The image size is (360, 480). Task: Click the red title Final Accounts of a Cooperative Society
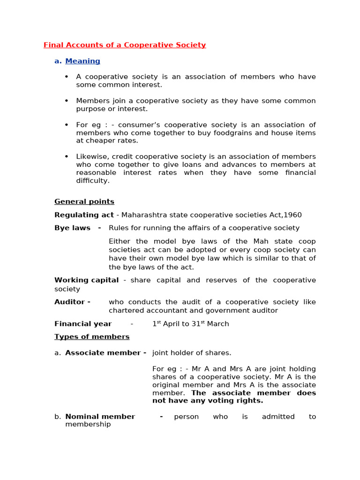tap(125, 45)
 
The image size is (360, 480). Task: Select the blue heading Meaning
tap(82, 61)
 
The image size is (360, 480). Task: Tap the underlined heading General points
tap(84, 202)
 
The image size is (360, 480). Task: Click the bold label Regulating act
tap(84, 215)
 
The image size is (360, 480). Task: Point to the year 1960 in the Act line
tap(293, 215)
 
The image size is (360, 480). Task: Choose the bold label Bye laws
tap(73, 228)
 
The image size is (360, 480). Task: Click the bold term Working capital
tap(86, 280)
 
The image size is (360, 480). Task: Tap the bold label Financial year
tap(83, 324)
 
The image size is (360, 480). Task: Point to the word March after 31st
tap(218, 324)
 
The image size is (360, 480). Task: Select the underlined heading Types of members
tap(92, 337)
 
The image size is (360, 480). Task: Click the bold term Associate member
tap(103, 353)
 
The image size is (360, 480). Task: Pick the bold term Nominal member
tap(100, 417)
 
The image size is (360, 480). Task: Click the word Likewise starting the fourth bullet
tap(92, 157)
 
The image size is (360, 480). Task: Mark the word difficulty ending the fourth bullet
tap(92, 180)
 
